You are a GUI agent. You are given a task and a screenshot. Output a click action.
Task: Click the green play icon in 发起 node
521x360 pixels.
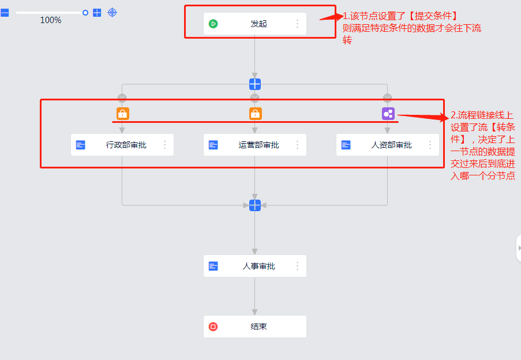tap(213, 24)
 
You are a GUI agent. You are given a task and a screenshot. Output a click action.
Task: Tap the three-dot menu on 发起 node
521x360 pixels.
tap(298, 24)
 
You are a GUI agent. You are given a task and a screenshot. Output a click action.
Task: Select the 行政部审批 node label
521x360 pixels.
tap(126, 145)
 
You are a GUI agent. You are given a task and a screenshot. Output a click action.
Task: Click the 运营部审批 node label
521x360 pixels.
tap(259, 145)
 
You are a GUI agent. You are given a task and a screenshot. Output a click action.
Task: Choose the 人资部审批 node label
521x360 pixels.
tap(392, 145)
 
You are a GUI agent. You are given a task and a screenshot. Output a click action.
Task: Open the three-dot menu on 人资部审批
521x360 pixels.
tap(430, 145)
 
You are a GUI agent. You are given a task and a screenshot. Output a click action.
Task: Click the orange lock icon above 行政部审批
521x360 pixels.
tap(122, 114)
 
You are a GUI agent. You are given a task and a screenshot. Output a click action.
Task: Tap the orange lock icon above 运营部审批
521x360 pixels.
tap(255, 114)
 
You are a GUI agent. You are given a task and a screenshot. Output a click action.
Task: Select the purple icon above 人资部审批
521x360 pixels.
tap(388, 114)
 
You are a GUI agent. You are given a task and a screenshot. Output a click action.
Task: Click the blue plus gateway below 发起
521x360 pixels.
tap(255, 84)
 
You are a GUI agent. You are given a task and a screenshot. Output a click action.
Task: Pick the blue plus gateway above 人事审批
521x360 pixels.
tap(255, 205)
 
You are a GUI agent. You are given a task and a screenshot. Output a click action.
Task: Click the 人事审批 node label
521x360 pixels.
tap(259, 266)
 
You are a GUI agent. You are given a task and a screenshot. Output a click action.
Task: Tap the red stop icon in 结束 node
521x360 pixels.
tap(213, 327)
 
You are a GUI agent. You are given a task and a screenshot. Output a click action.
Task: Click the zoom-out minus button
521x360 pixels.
tap(5, 12)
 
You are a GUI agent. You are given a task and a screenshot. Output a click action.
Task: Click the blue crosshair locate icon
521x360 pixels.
tap(113, 12)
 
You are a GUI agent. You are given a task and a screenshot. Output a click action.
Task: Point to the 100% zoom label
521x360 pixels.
tap(51, 21)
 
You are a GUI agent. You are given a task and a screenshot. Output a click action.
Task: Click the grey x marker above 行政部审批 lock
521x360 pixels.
tap(122, 98)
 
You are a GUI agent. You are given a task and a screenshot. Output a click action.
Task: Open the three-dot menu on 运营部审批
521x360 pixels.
tap(298, 145)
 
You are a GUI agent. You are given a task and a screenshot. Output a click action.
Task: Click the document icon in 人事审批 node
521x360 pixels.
tap(213, 266)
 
